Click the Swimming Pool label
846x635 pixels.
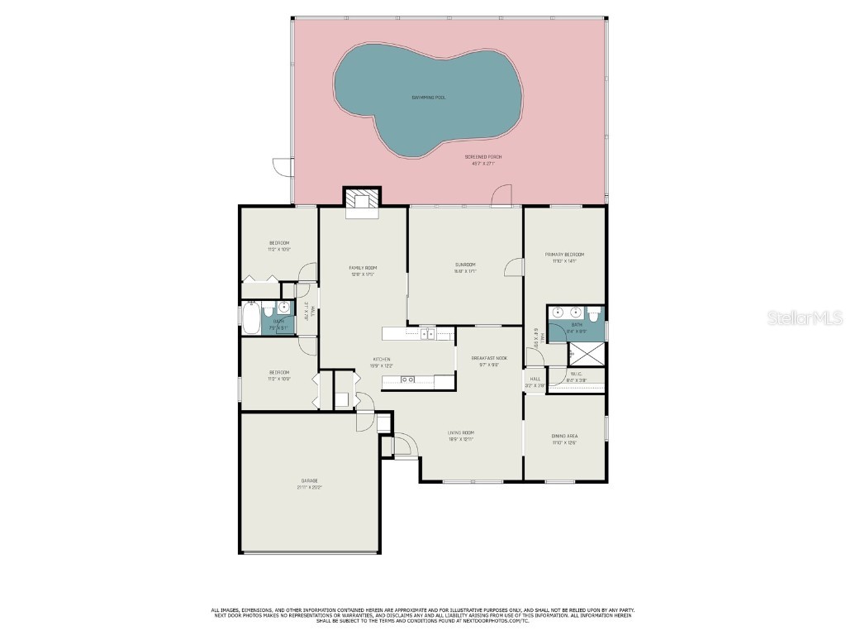pos(429,98)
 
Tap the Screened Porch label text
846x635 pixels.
pos(482,156)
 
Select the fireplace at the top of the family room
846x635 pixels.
pos(364,201)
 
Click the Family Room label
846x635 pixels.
pos(363,268)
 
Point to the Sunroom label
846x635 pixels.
pos(465,265)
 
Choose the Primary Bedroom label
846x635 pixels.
pos(564,254)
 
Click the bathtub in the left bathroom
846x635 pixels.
pos(251,317)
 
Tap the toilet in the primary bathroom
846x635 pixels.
pos(594,313)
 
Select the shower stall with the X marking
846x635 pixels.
pos(587,353)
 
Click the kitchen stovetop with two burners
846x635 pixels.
pos(407,380)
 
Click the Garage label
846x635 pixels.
pos(310,480)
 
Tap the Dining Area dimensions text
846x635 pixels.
pos(564,443)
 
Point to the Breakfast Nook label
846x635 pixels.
pos(489,358)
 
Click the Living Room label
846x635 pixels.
pos(460,432)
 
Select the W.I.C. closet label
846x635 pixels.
pos(577,374)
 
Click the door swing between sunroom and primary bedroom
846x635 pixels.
pos(514,267)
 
